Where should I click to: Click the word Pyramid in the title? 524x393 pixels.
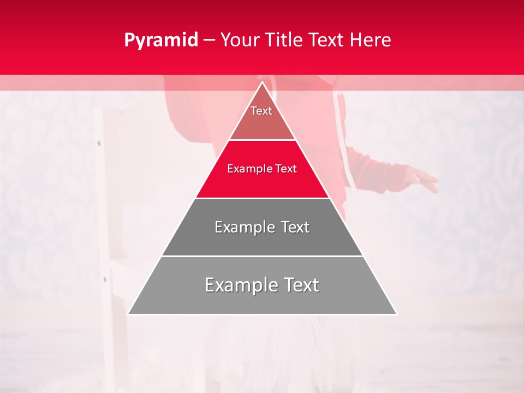pyautogui.click(x=160, y=40)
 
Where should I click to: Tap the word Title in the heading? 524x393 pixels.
pyautogui.click(x=284, y=40)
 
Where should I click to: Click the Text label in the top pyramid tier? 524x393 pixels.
pyautogui.click(x=261, y=111)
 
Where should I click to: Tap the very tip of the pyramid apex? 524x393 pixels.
pyautogui.click(x=262, y=82)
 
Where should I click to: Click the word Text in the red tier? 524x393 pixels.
pyautogui.click(x=287, y=169)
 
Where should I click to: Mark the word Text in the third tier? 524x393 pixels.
pyautogui.click(x=293, y=227)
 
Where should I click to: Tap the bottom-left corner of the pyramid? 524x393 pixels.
pyautogui.click(x=128, y=314)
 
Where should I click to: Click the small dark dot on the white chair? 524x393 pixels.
pyautogui.click(x=99, y=144)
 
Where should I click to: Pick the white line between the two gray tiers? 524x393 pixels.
pyautogui.click(x=262, y=256)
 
